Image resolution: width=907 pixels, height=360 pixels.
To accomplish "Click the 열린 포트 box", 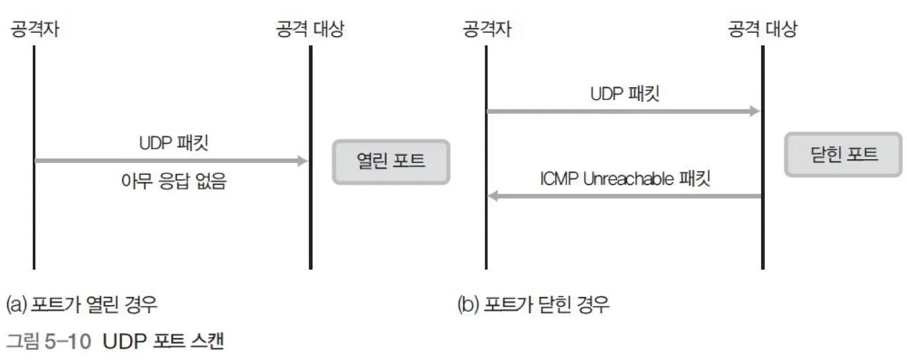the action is [391, 162].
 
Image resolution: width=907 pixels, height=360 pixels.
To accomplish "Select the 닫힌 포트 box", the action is [843, 155].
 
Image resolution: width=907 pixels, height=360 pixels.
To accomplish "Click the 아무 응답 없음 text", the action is [173, 183].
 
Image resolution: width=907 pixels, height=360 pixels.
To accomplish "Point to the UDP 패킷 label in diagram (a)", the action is [173, 143].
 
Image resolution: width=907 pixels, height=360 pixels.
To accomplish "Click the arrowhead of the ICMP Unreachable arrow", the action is [493, 196].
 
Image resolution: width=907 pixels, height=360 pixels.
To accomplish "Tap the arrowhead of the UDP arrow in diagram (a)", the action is [302, 161].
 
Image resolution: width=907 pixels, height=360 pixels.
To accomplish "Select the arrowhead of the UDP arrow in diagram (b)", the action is [754, 111].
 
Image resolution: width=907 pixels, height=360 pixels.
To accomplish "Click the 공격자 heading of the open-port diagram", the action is [35, 29].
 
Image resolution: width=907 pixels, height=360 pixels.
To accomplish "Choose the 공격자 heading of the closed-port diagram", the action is [487, 29].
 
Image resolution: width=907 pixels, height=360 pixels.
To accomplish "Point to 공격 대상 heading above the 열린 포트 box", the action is [309, 29].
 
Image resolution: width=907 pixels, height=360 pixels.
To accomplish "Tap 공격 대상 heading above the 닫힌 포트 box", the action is [762, 29].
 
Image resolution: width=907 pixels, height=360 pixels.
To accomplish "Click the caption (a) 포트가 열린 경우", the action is [81, 306].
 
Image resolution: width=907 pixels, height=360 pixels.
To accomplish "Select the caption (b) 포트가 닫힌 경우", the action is [534, 306].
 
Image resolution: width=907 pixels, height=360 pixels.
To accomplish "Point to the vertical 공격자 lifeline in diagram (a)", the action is [33, 215].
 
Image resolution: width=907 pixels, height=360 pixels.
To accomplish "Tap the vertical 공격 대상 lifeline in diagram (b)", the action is [763, 240].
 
